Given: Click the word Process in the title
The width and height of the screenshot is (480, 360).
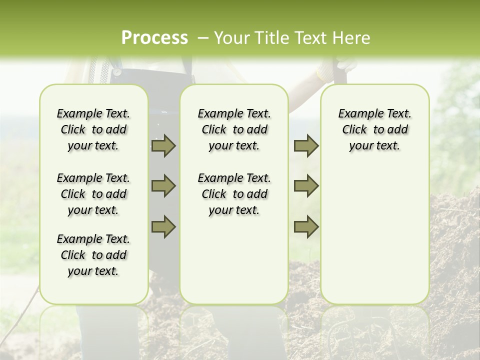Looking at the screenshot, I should pos(154,38).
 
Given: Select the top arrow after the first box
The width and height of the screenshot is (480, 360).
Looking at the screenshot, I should pos(163,145).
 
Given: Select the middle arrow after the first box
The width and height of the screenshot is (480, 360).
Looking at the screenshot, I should pos(163,186).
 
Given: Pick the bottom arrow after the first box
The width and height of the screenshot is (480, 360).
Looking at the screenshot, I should pos(163,226).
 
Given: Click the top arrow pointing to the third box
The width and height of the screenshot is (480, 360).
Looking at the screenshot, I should pos(305,145).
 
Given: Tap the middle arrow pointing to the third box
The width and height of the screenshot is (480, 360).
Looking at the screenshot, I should pos(305,186).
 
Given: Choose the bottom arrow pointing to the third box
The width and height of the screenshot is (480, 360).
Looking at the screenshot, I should pos(305,226).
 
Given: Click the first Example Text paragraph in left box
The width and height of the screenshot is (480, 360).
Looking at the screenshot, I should pos(93,129).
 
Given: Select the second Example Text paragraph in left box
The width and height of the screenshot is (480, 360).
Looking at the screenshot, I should pos(93,194).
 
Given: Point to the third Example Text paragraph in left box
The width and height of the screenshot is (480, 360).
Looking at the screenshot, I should pos(93,255).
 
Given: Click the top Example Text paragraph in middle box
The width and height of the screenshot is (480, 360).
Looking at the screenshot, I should pos(234,129).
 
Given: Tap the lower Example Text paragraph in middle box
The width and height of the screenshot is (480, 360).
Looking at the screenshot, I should pos(234,194).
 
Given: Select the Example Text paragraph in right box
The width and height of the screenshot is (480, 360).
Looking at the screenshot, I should pos(374,129).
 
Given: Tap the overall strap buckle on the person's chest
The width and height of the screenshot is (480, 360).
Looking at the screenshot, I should pos(117,71).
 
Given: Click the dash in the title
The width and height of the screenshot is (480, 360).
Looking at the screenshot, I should pos(203,38).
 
